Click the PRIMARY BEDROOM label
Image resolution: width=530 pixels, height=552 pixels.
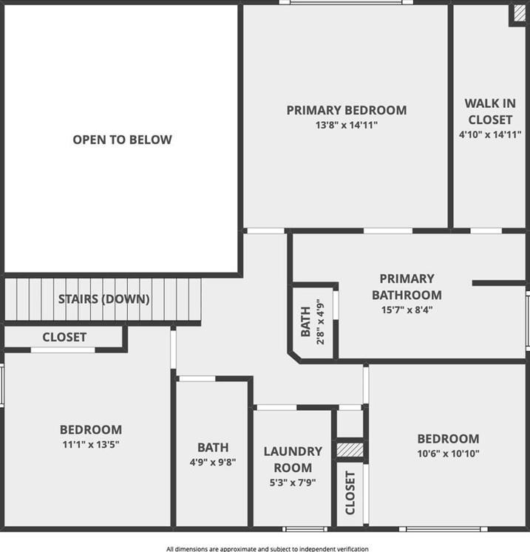pyautogui.click(x=346, y=110)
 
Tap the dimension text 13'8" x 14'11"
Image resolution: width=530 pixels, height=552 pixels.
pyautogui.click(x=346, y=126)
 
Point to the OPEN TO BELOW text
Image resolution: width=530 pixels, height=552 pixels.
pyautogui.click(x=122, y=139)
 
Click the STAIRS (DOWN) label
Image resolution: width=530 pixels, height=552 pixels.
pyautogui.click(x=103, y=299)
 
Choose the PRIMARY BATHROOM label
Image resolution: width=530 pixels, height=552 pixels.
pyautogui.click(x=407, y=287)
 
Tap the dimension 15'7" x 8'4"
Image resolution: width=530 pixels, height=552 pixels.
pyautogui.click(x=407, y=310)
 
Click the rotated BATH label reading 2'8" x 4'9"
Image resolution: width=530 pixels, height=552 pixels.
pyautogui.click(x=313, y=322)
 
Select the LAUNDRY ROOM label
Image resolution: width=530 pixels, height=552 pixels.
pyautogui.click(x=293, y=459)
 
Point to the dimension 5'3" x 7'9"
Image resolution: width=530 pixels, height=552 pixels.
pyautogui.click(x=293, y=482)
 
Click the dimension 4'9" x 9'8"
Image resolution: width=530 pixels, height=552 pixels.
pyautogui.click(x=212, y=463)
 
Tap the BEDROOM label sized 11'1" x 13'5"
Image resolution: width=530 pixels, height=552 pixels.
pyautogui.click(x=90, y=429)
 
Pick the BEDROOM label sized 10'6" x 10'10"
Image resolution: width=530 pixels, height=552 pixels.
pyautogui.click(x=448, y=438)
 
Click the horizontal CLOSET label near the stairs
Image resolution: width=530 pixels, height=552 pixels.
pyautogui.click(x=64, y=337)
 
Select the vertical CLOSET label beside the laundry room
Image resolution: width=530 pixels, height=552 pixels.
pyautogui.click(x=350, y=493)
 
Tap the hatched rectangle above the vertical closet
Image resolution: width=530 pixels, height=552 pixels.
pyautogui.click(x=350, y=449)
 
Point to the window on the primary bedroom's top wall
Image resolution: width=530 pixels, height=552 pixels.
pyautogui.click(x=346, y=3)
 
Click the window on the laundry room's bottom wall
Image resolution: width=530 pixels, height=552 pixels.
pyautogui.click(x=305, y=528)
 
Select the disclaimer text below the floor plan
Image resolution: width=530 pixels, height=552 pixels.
pyautogui.click(x=267, y=548)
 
